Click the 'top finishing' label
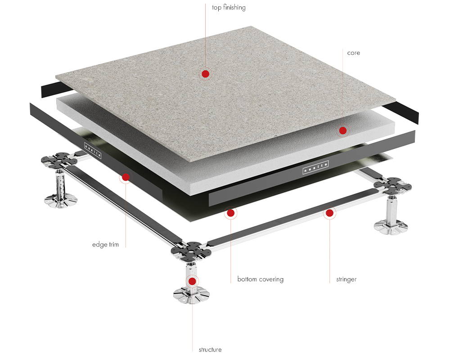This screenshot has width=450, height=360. tap(229, 8)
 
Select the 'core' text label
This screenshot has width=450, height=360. tap(353, 53)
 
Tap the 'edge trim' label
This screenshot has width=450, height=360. tap(106, 245)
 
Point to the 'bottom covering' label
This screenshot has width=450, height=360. tap(260, 279)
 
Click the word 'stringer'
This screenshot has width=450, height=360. tap(346, 279)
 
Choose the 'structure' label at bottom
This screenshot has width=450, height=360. tap(210, 350)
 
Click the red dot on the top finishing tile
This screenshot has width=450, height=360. tap(206, 74)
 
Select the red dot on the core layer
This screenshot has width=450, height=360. tap(342, 130)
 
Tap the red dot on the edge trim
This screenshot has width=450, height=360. tap(126, 177)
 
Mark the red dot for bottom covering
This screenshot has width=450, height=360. tap(231, 212)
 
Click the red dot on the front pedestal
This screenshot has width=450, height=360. tap(193, 281)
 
